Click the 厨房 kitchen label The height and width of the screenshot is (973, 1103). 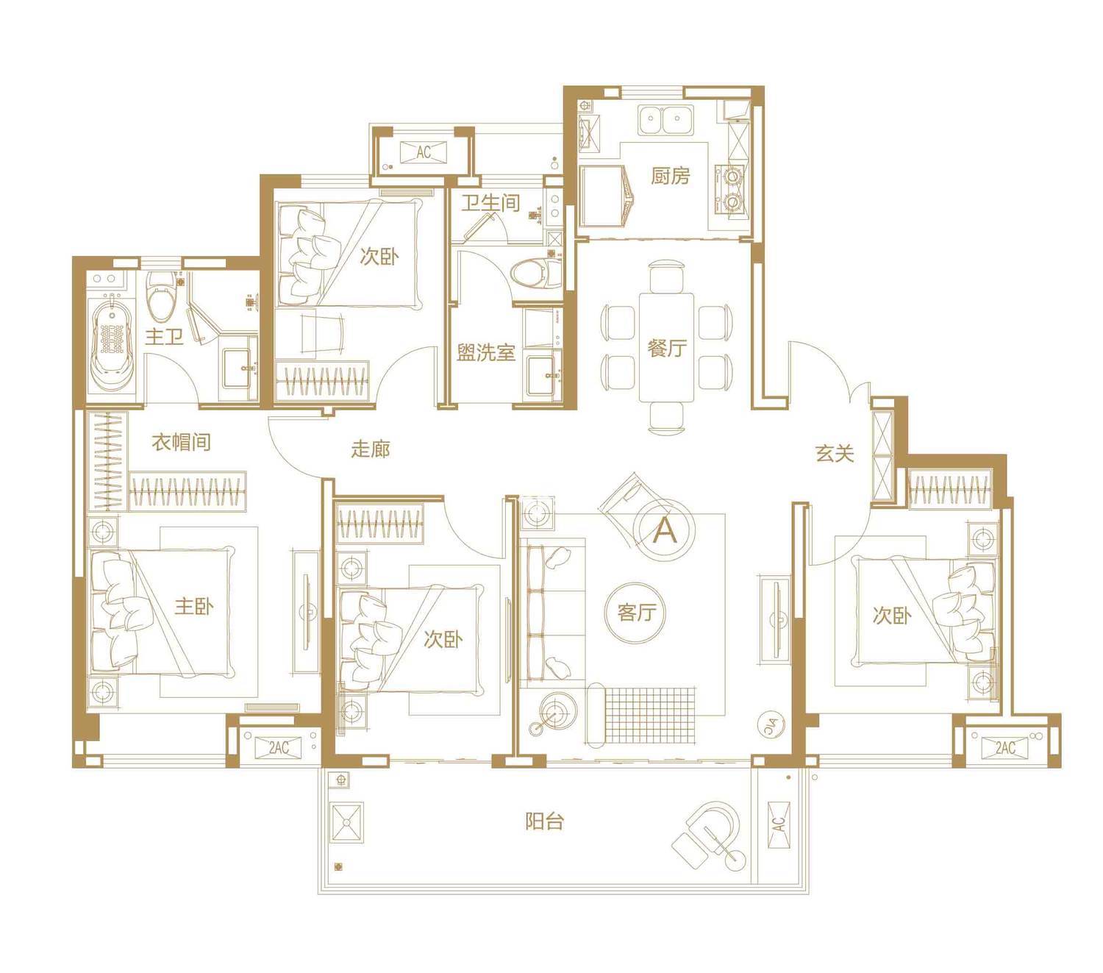(x=670, y=175)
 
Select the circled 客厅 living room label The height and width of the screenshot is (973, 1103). (x=636, y=613)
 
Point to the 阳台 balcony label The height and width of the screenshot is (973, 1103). (x=544, y=821)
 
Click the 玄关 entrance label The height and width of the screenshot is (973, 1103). (x=834, y=453)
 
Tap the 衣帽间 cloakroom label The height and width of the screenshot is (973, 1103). (x=181, y=441)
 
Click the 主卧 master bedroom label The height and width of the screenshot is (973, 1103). (x=194, y=605)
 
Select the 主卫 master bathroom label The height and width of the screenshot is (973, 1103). (x=164, y=336)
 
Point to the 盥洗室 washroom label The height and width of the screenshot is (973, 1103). (x=485, y=352)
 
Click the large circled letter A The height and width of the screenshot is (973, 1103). (x=665, y=530)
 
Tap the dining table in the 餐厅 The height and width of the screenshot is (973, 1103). (x=666, y=347)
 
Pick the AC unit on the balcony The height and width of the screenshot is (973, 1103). (x=779, y=824)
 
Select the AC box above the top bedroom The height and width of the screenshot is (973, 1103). (x=423, y=152)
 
